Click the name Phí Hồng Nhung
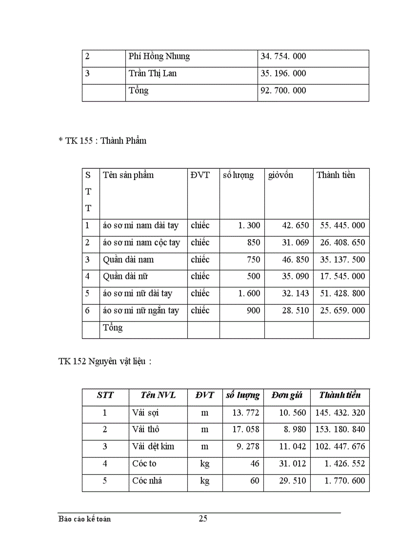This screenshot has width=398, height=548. tap(159, 57)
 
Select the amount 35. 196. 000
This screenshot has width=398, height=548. tap(283, 74)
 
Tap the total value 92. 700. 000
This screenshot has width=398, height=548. tap(283, 91)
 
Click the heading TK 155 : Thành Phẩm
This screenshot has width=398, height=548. tap(102, 141)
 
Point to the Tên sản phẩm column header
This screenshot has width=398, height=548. tap(128, 175)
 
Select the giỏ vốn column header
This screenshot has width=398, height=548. tap(281, 175)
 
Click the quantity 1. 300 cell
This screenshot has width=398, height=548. tap(249, 226)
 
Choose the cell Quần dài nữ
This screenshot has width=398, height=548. tap(125, 277)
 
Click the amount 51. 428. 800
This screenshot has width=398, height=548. tap(342, 294)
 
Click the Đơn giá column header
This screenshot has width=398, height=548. tap(287, 396)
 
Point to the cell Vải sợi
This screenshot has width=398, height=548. tap(145, 413)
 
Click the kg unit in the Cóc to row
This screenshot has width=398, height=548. tap(205, 464)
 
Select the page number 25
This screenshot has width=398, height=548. tap(203, 519)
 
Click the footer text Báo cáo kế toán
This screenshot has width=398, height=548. tap(84, 519)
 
